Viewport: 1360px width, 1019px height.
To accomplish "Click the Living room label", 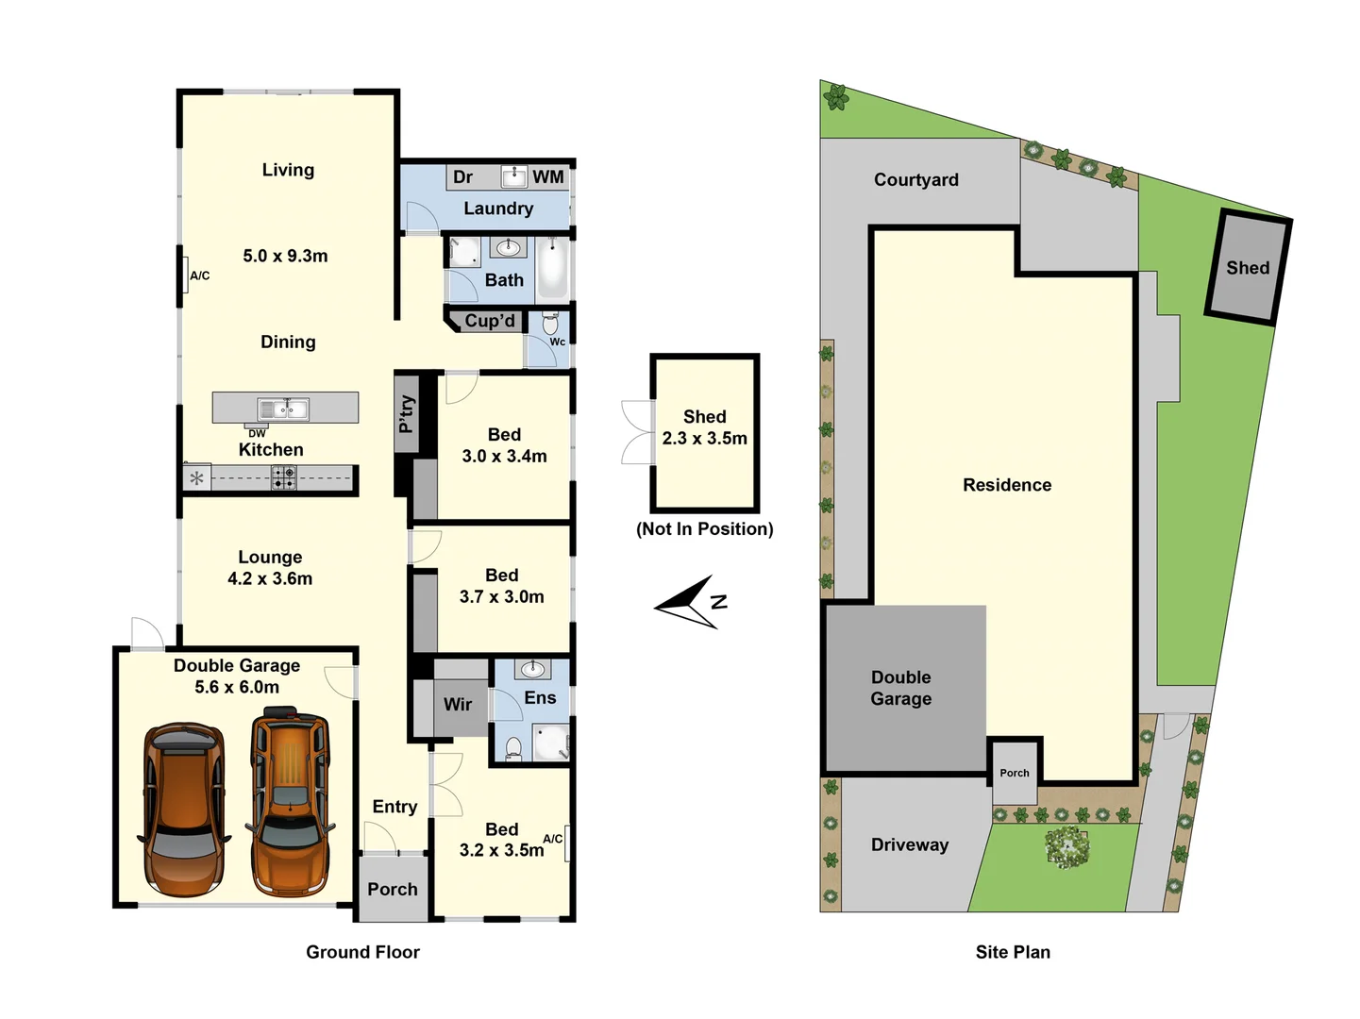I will pyautogui.click(x=288, y=170).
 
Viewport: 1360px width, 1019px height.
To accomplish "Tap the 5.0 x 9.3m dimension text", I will pyautogui.click(x=285, y=256).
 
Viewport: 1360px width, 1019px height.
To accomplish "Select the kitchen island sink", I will pyautogui.click(x=283, y=409).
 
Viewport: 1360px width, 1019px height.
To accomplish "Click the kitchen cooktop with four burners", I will pyautogui.click(x=283, y=478).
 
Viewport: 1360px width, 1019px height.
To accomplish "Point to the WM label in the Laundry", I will pyautogui.click(x=547, y=177).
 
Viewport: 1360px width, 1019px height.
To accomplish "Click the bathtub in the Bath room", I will pyautogui.click(x=553, y=268).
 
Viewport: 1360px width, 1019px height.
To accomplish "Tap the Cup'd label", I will pyautogui.click(x=489, y=321).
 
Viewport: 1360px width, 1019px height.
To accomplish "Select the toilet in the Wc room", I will pyautogui.click(x=551, y=324).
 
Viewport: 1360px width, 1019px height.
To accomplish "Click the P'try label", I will pyautogui.click(x=406, y=413).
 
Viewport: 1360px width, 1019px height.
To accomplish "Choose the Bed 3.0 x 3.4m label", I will pyautogui.click(x=504, y=445).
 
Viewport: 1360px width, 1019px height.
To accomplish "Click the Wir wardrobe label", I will pyautogui.click(x=458, y=705).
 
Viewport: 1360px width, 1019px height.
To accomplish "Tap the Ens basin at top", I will pyautogui.click(x=533, y=670).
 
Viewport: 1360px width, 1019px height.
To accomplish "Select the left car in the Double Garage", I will pyautogui.click(x=184, y=810).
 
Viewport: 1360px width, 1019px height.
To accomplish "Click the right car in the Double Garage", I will pyautogui.click(x=291, y=807).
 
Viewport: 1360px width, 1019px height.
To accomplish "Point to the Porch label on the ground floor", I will pyautogui.click(x=393, y=890).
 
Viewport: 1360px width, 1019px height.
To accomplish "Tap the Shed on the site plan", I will pyautogui.click(x=1247, y=268).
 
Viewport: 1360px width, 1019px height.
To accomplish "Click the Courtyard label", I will pyautogui.click(x=915, y=180).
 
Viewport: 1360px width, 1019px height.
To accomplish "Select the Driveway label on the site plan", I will pyautogui.click(x=909, y=845).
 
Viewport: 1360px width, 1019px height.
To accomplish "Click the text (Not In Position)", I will pyautogui.click(x=704, y=529).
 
